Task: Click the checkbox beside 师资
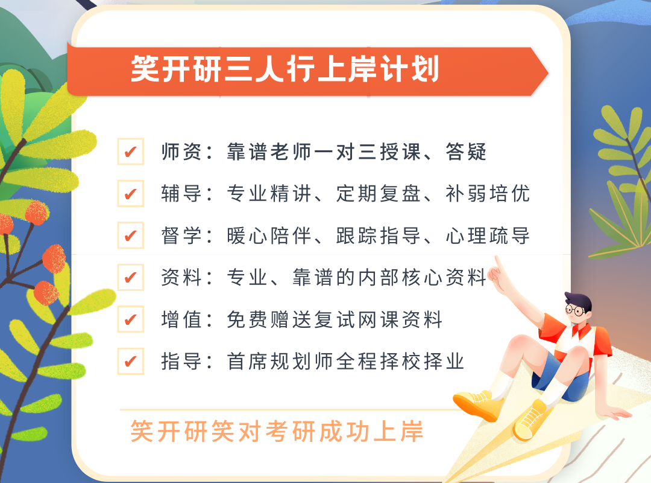point(130,152)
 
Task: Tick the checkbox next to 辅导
point(130,193)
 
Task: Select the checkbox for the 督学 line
point(130,235)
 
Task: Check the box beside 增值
point(130,319)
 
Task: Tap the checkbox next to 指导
point(130,361)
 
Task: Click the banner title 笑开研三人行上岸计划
point(285,69)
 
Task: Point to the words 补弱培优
point(488,194)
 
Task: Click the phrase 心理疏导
point(488,236)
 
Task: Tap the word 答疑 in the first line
point(466,152)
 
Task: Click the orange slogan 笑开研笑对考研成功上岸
point(277,432)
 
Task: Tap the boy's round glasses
point(575,310)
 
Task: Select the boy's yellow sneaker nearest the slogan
point(478,403)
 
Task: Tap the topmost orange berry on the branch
point(37,212)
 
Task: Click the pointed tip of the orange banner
point(548,73)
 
